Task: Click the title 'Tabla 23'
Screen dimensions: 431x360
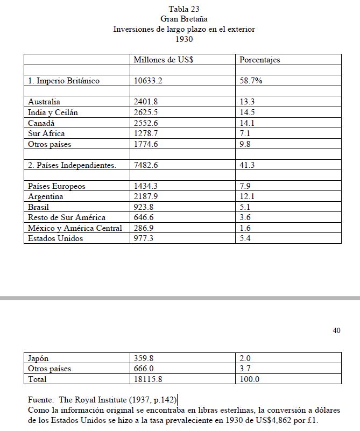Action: coord(184,9)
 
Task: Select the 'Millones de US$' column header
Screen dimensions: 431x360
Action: coord(164,60)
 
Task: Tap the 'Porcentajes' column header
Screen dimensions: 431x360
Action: coord(260,60)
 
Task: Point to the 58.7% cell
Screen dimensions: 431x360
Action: coord(251,81)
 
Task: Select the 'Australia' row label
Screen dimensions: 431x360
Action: coord(44,102)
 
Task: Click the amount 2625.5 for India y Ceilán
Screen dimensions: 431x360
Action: coord(145,112)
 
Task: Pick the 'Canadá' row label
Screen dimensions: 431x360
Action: coord(41,123)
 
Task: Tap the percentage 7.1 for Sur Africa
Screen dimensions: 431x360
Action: coord(246,133)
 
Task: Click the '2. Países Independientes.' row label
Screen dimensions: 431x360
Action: coord(72,165)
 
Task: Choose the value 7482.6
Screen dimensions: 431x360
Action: coord(145,165)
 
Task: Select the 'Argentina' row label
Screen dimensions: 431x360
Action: coord(46,196)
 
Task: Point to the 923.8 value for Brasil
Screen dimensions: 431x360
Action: coord(143,207)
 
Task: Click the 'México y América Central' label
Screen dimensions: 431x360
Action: coord(75,228)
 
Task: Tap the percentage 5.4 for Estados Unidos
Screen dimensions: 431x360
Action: coord(246,238)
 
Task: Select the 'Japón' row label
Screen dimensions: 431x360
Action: coord(38,358)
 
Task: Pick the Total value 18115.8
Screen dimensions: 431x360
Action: coord(147,379)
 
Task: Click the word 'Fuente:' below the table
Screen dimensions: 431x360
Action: coord(41,400)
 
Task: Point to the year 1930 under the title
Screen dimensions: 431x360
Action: coord(184,39)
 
